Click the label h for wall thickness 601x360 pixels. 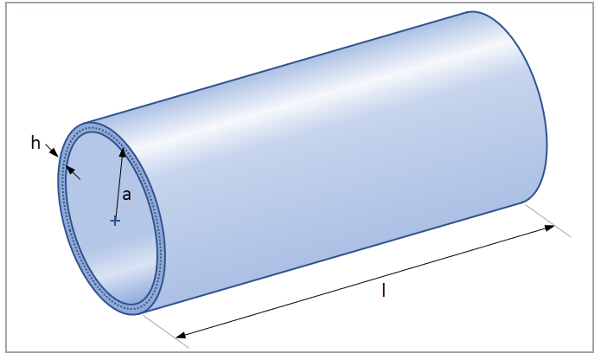[x=35, y=143]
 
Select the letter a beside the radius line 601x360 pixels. [x=126, y=195]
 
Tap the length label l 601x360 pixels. [x=383, y=290]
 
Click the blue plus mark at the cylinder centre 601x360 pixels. [x=115, y=221]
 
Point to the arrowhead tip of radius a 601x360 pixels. [x=124, y=150]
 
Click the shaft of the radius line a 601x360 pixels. [x=119, y=186]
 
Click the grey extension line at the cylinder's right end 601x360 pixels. [x=550, y=220]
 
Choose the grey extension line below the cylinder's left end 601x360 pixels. [x=165, y=328]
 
